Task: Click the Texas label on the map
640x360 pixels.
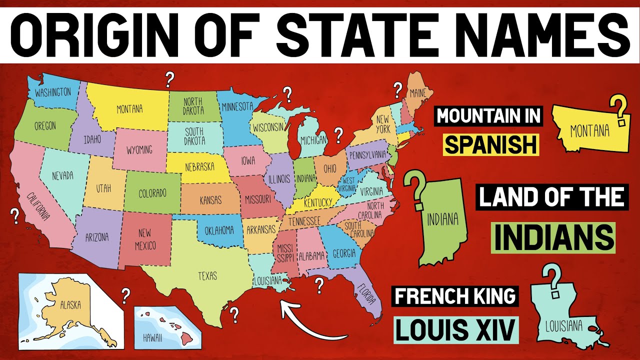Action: pyautogui.click(x=207, y=275)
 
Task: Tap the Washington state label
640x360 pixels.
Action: pyautogui.click(x=52, y=92)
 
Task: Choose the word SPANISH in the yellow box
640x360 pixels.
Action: pyautogui.click(x=491, y=145)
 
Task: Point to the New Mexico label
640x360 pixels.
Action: pyautogui.click(x=145, y=239)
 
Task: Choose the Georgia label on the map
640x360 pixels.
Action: pyautogui.click(x=343, y=253)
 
